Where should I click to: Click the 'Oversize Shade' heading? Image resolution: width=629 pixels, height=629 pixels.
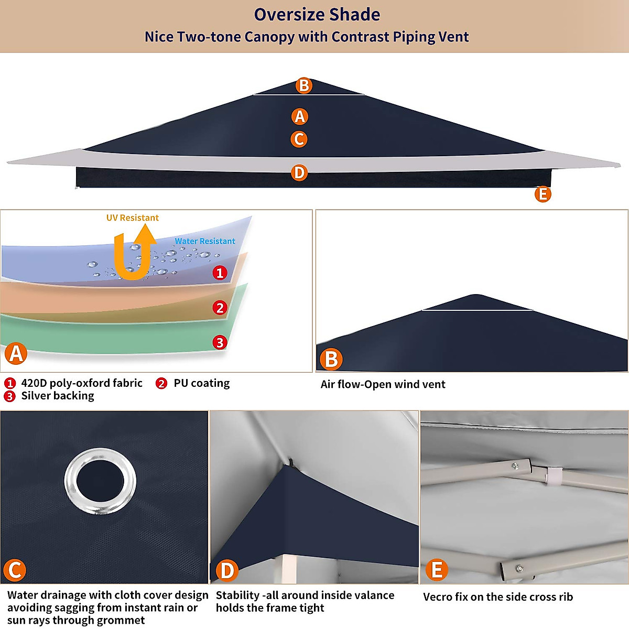[x=317, y=15]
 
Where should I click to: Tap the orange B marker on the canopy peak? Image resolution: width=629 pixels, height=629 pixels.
[x=303, y=85]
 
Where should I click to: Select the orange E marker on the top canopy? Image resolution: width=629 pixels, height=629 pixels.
[x=543, y=194]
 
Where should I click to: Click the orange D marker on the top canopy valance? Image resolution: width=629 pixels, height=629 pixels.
[x=299, y=172]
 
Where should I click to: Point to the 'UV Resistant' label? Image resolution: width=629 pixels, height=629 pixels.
[x=132, y=218]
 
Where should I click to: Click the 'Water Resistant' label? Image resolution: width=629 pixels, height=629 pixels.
[x=205, y=241]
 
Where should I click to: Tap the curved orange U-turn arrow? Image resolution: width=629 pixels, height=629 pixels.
[x=135, y=254]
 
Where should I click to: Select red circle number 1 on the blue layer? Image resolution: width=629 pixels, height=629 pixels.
[x=220, y=273]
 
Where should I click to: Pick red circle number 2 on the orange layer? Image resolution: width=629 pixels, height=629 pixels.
[x=220, y=308]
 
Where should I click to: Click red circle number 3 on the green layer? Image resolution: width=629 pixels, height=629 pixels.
[x=220, y=343]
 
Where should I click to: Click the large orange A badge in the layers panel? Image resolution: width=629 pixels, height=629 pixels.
[x=16, y=354]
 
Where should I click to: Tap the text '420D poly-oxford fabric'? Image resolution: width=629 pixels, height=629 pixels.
[x=82, y=383]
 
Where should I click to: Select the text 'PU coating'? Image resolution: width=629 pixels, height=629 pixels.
[x=202, y=383]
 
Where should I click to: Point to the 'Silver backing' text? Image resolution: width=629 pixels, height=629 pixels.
[x=58, y=396]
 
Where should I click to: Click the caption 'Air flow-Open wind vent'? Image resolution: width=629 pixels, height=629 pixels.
[x=383, y=384]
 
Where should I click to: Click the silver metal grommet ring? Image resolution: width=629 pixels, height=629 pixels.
[x=100, y=482]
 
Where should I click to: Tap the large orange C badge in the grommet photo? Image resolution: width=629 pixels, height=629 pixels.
[x=15, y=570]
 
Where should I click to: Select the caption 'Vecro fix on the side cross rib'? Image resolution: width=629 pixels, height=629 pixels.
[x=498, y=597]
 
